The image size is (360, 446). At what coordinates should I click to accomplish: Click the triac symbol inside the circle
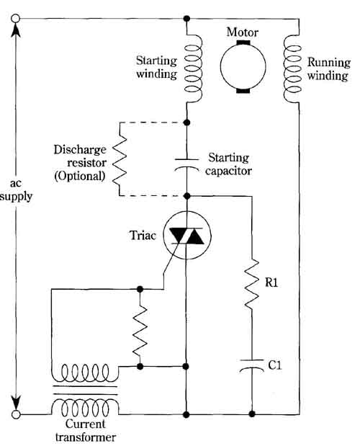coord(186,236)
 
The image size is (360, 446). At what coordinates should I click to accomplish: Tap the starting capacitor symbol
coord(186,164)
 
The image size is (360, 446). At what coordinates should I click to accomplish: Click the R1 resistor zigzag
coord(252,284)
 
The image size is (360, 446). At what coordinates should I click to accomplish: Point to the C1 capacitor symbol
coord(252,365)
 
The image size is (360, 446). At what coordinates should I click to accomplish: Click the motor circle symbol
coord(243,66)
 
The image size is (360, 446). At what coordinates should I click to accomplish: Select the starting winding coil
coord(193,68)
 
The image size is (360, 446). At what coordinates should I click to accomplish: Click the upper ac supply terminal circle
coord(16,19)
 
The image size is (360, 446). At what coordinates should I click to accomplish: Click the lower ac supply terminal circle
coord(16,414)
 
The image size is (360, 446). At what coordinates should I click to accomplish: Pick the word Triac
coord(143,236)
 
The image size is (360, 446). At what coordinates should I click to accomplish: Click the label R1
coord(271,282)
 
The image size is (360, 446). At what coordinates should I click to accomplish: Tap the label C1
coord(275,365)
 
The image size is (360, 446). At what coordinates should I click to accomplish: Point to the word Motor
coord(243,32)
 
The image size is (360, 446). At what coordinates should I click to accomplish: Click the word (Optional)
coord(80,177)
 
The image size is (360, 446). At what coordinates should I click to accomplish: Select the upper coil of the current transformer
coord(85,373)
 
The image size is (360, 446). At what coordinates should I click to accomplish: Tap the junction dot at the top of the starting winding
coord(186,19)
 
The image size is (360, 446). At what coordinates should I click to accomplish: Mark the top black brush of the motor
coord(243,43)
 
